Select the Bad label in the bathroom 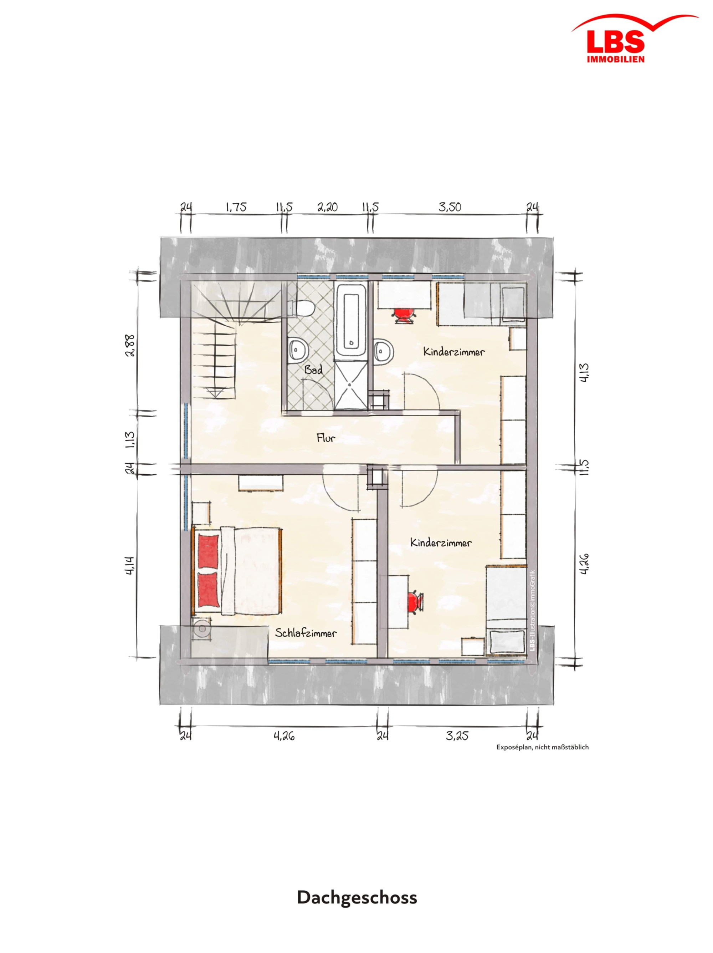[313, 370]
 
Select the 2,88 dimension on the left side [131, 344]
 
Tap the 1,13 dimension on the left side [131, 440]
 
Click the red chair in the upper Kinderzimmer [404, 314]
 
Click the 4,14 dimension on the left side [131, 566]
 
